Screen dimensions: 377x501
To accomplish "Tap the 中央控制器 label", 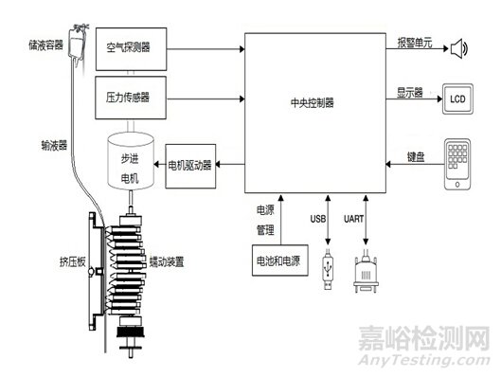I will tap(315, 101).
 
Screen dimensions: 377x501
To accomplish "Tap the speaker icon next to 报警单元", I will tap(459, 48).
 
